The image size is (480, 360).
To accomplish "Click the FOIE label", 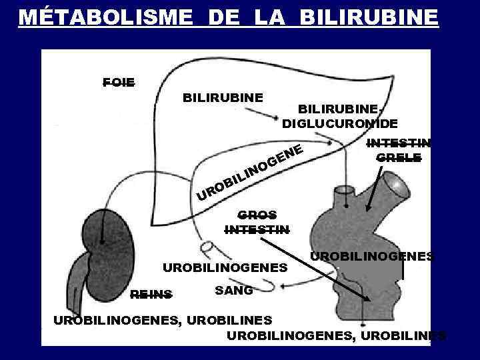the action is pos(119,83).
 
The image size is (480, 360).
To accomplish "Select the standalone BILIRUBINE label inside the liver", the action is pos(223,97).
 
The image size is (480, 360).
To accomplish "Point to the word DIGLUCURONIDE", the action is pos(340,123).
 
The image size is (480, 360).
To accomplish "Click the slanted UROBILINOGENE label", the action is pos(251,172).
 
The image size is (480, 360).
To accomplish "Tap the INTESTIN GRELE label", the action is pos(399,151).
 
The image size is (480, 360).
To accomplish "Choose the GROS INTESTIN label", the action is pos(257,223).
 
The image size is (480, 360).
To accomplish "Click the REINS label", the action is pos(151,293).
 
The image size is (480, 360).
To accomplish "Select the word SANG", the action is pos(233,291).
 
